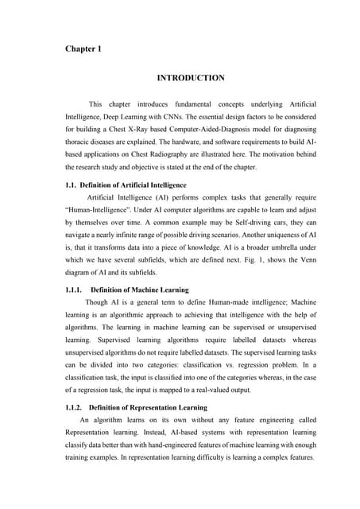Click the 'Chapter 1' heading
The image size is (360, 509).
click(83, 49)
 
